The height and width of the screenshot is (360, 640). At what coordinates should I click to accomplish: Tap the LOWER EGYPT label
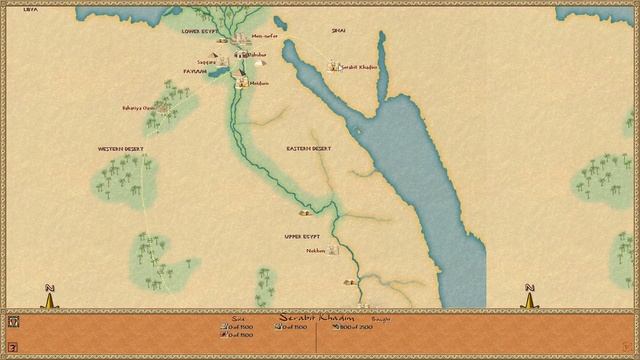pyautogui.click(x=199, y=31)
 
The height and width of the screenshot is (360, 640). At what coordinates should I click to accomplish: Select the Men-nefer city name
pyautogui.click(x=265, y=36)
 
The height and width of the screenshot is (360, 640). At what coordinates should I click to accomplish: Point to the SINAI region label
pyautogui.click(x=338, y=31)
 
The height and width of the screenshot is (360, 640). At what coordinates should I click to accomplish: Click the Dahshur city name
pyautogui.click(x=257, y=53)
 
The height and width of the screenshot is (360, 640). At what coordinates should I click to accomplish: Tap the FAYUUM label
pyautogui.click(x=194, y=71)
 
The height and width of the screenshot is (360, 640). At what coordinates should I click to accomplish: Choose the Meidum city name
pyautogui.click(x=259, y=83)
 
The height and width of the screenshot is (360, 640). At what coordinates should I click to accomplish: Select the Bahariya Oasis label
pyautogui.click(x=138, y=107)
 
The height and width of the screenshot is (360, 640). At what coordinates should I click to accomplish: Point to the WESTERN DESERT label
pyautogui.click(x=121, y=148)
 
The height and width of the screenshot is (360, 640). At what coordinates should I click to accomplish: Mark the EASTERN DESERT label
pyautogui.click(x=308, y=148)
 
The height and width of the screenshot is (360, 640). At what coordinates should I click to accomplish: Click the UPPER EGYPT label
pyautogui.click(x=302, y=236)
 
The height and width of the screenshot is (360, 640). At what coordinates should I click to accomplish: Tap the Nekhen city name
pyautogui.click(x=316, y=251)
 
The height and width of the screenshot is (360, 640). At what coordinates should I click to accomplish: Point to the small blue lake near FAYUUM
pyautogui.click(x=212, y=73)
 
